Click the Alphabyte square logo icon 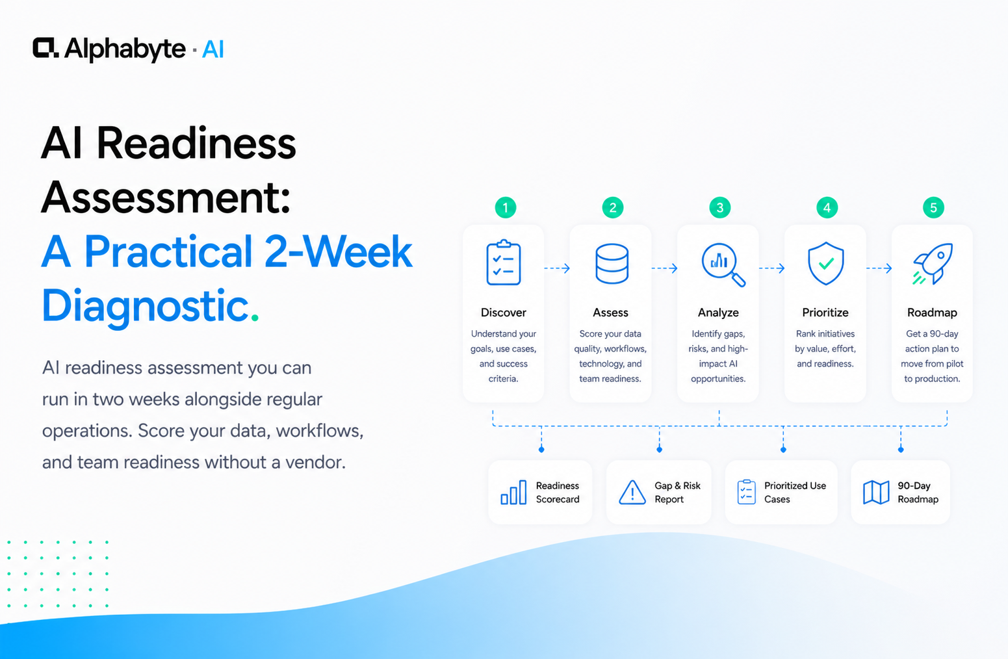click(x=45, y=47)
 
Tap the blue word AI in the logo click(x=213, y=49)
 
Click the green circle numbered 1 click(x=506, y=207)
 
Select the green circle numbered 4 click(x=827, y=207)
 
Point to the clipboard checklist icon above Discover click(x=504, y=263)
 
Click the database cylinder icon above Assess click(x=612, y=264)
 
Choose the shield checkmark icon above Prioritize click(x=826, y=263)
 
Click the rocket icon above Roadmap click(x=933, y=264)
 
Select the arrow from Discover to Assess click(x=557, y=268)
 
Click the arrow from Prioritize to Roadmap click(x=879, y=268)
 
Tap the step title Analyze click(x=718, y=313)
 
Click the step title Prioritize click(x=825, y=313)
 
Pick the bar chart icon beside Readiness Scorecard click(x=513, y=492)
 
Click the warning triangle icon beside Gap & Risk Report click(x=632, y=492)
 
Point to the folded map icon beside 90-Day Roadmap click(x=876, y=492)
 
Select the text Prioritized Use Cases click(x=795, y=493)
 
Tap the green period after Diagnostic click(x=255, y=318)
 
